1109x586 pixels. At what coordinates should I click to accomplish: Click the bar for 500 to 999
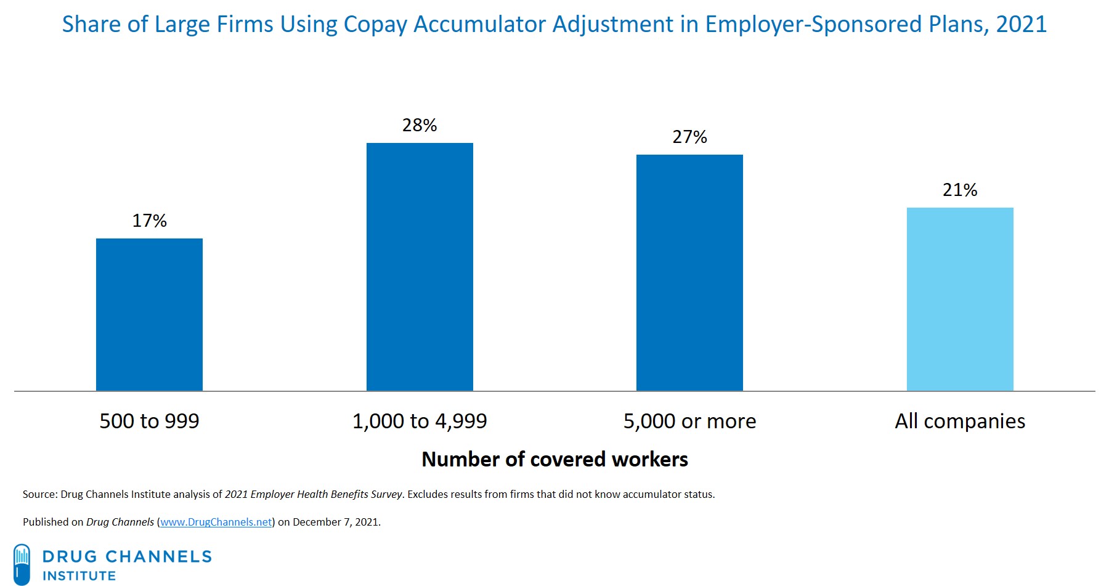[149, 314]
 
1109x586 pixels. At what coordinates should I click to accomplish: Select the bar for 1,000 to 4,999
[420, 267]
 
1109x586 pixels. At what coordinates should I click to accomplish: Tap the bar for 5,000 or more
[689, 272]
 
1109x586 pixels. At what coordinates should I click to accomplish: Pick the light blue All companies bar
[960, 299]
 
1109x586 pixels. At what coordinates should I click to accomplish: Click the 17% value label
[149, 221]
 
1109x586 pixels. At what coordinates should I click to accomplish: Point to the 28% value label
[420, 125]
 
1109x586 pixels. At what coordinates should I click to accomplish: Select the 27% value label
[689, 137]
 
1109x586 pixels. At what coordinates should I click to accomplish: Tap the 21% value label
[960, 190]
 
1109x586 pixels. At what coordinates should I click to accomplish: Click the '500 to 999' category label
[149, 421]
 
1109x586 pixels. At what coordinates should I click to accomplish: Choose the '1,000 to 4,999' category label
[420, 421]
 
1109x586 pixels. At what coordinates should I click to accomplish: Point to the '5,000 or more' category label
[689, 421]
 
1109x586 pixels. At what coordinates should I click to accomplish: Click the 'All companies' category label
[960, 421]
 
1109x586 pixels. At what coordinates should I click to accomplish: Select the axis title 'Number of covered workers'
[554, 459]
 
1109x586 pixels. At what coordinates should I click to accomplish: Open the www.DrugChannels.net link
[216, 522]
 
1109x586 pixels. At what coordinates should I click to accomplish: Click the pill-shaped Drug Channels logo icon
[22, 564]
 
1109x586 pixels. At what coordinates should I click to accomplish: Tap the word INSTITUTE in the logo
[79, 576]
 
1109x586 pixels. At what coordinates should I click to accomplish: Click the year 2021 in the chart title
[1021, 25]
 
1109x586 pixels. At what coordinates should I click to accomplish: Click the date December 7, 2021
[336, 522]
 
